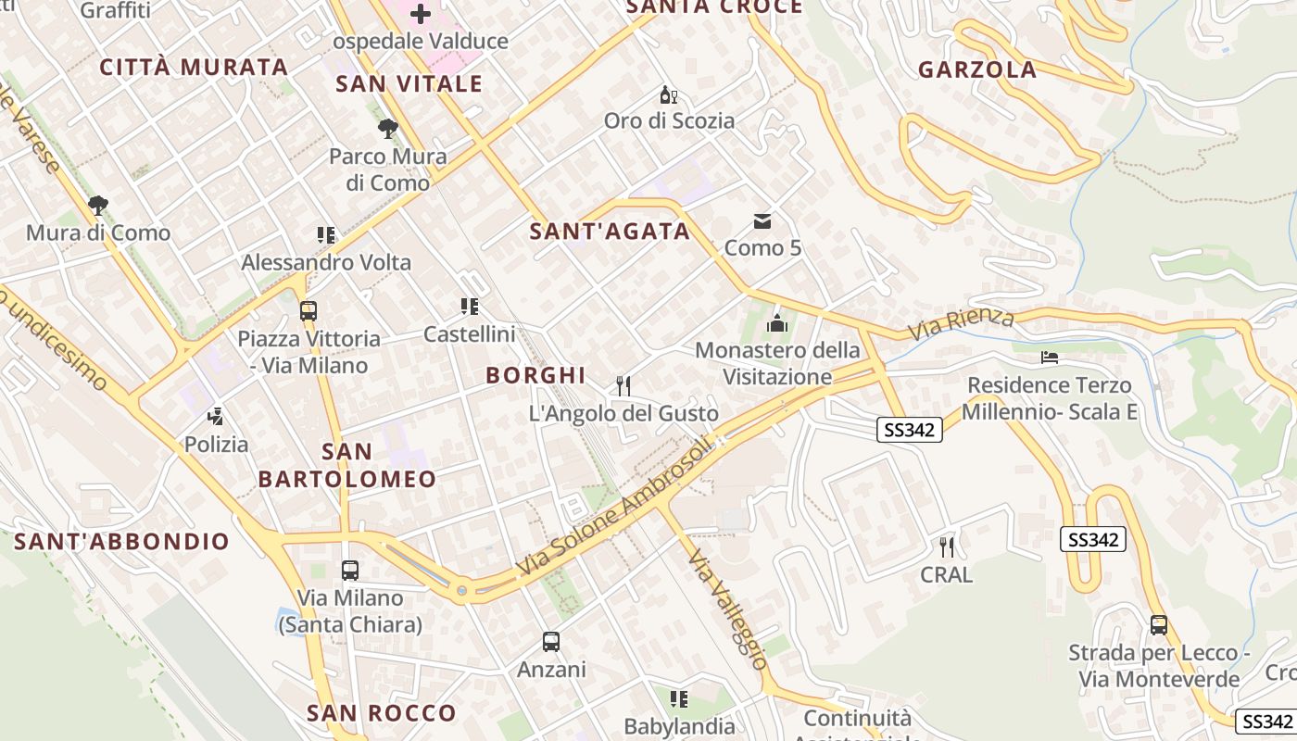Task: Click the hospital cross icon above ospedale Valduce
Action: coord(421,13)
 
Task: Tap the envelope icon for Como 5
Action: coord(762,220)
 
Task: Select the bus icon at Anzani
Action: coord(551,641)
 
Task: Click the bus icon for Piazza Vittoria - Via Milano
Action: coord(309,311)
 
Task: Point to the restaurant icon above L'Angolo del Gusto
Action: coord(623,385)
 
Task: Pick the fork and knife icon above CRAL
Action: coord(946,546)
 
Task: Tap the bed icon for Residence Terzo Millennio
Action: coord(1049,358)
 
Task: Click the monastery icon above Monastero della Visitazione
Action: coord(776,323)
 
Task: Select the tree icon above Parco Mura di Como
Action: coord(387,129)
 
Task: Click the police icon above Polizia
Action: coord(216,417)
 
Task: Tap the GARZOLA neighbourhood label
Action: coord(976,69)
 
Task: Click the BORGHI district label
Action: coord(535,375)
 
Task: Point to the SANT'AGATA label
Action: coord(610,232)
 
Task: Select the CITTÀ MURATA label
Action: coord(194,67)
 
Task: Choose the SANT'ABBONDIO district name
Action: coord(121,542)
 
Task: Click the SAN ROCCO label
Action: coord(381,713)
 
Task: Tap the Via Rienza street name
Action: coord(961,323)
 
